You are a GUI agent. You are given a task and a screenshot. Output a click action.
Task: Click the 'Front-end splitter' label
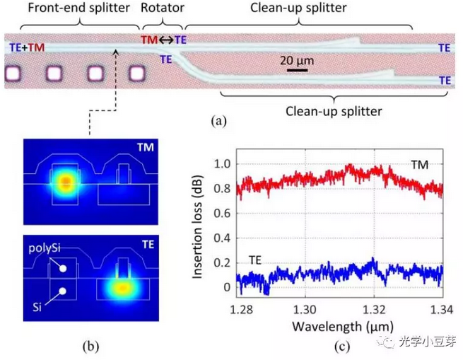[x=69, y=8]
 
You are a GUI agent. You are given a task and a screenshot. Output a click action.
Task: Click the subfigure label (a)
[x=218, y=121]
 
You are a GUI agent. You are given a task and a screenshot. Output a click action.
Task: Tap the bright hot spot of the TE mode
[x=123, y=289]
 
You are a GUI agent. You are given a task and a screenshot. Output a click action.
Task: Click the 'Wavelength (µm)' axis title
[x=331, y=325]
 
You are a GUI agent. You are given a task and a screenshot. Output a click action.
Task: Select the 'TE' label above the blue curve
[x=254, y=260]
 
